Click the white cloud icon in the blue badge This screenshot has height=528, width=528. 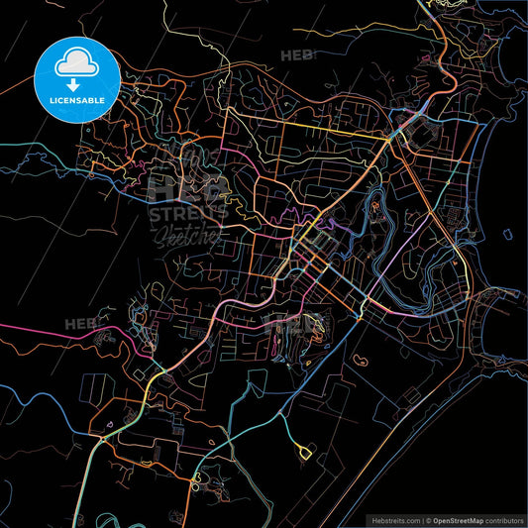coord(75,61)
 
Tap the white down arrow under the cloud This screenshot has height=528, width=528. coord(75,84)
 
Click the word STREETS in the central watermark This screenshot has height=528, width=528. coord(188,212)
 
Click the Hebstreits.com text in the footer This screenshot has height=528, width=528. coord(395,519)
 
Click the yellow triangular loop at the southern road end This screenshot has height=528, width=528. coord(302,453)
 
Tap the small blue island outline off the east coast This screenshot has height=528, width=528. coord(506,235)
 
